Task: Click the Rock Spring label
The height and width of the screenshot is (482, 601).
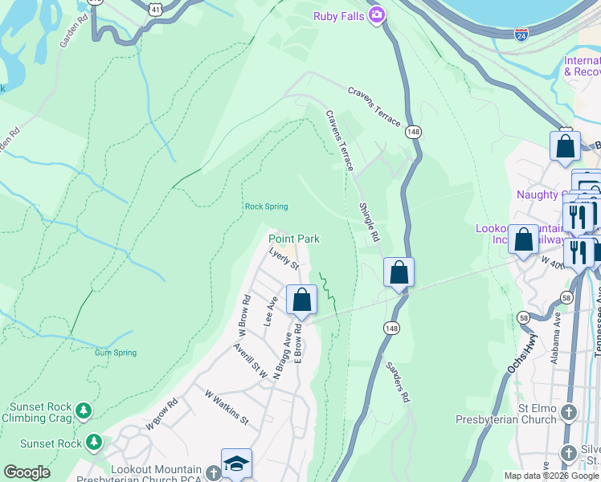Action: pos(266,206)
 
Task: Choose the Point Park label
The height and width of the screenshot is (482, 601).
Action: pos(294,239)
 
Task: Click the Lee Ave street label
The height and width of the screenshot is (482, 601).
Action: pos(271,311)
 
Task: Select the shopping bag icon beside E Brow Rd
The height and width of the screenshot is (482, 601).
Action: pos(301,301)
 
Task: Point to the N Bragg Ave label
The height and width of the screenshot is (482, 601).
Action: pos(284,356)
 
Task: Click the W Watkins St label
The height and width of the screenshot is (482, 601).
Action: pos(227,407)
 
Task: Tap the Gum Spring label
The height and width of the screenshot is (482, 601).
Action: pos(115,353)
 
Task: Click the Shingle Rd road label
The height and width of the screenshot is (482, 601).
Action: pos(368,222)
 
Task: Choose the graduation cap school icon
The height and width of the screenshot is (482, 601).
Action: pos(236,464)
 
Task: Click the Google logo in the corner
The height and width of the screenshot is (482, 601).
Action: pos(27,472)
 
